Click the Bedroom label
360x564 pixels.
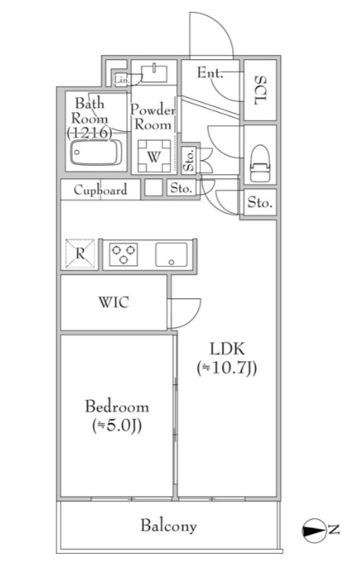[x=117, y=407]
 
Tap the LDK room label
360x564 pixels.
[x=227, y=349]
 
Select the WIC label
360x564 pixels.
[x=114, y=302]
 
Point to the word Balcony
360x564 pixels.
[x=168, y=526]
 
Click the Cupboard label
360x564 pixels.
[x=100, y=189]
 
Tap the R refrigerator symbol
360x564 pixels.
[x=80, y=253]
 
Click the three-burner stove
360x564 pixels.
[x=123, y=254]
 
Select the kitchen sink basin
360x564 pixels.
[x=171, y=254]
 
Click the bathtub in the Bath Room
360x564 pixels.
[x=96, y=152]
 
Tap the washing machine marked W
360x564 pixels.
[x=154, y=156]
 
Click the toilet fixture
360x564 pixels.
[x=261, y=163]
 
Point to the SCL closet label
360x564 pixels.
[x=261, y=90]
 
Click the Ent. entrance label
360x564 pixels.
[x=210, y=73]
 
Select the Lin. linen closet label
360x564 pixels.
[x=122, y=80]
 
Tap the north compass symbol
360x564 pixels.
[x=313, y=530]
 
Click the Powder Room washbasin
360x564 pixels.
[x=154, y=73]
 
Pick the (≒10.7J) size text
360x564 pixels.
[x=227, y=368]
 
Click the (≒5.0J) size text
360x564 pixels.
[x=117, y=425]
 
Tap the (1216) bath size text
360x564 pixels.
[x=89, y=133]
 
